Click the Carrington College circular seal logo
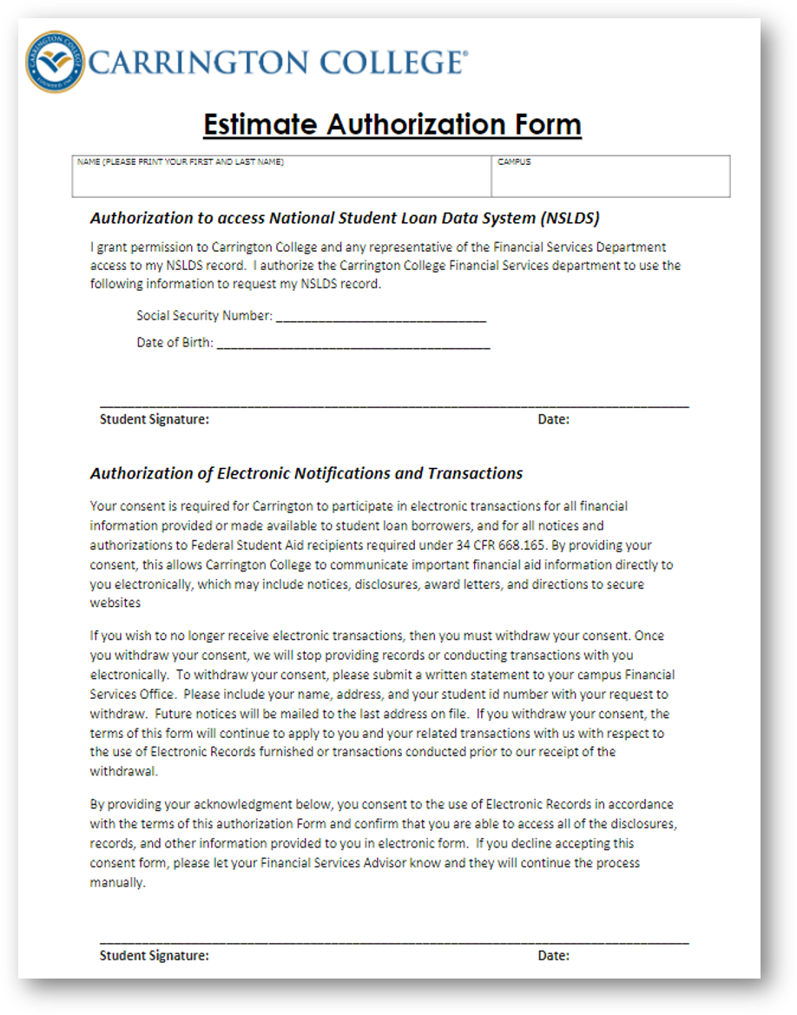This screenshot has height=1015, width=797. point(56,62)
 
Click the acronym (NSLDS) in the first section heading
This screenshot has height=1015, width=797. point(570,217)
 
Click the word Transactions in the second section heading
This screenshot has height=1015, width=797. point(475,473)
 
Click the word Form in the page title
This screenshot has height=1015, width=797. point(547,124)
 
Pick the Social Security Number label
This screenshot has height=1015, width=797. point(204,316)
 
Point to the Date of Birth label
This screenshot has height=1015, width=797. point(175,343)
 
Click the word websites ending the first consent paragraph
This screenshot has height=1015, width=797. point(115,603)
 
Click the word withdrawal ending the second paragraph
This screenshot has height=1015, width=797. point(123,771)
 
